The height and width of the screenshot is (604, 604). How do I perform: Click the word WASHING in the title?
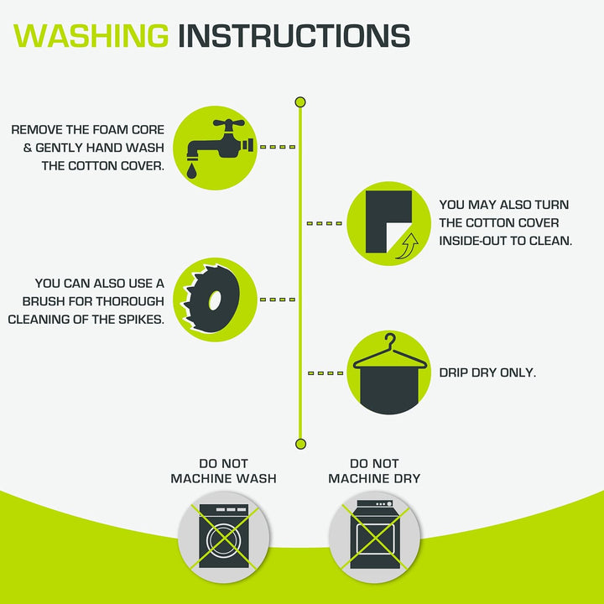(91, 36)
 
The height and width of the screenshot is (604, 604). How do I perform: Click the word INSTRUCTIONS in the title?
(294, 36)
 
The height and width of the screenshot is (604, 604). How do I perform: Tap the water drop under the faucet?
(191, 170)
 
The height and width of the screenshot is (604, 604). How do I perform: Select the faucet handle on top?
(229, 124)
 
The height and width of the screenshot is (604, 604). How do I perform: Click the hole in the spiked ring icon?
(215, 300)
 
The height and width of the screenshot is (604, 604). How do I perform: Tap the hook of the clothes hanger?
(391, 341)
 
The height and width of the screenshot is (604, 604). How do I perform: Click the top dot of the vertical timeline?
(300, 102)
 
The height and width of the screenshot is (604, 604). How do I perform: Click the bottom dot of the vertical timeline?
(300, 444)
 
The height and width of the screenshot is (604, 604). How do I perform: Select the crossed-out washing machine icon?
(224, 536)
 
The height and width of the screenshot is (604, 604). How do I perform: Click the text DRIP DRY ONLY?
(487, 372)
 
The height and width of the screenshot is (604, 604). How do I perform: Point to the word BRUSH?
(44, 301)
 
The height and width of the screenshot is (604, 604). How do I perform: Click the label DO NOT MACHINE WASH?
(223, 471)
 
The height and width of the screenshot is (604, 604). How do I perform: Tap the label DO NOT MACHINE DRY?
(374, 471)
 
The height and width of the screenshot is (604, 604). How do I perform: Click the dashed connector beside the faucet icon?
(278, 147)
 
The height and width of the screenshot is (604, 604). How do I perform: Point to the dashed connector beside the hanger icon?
(325, 372)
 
